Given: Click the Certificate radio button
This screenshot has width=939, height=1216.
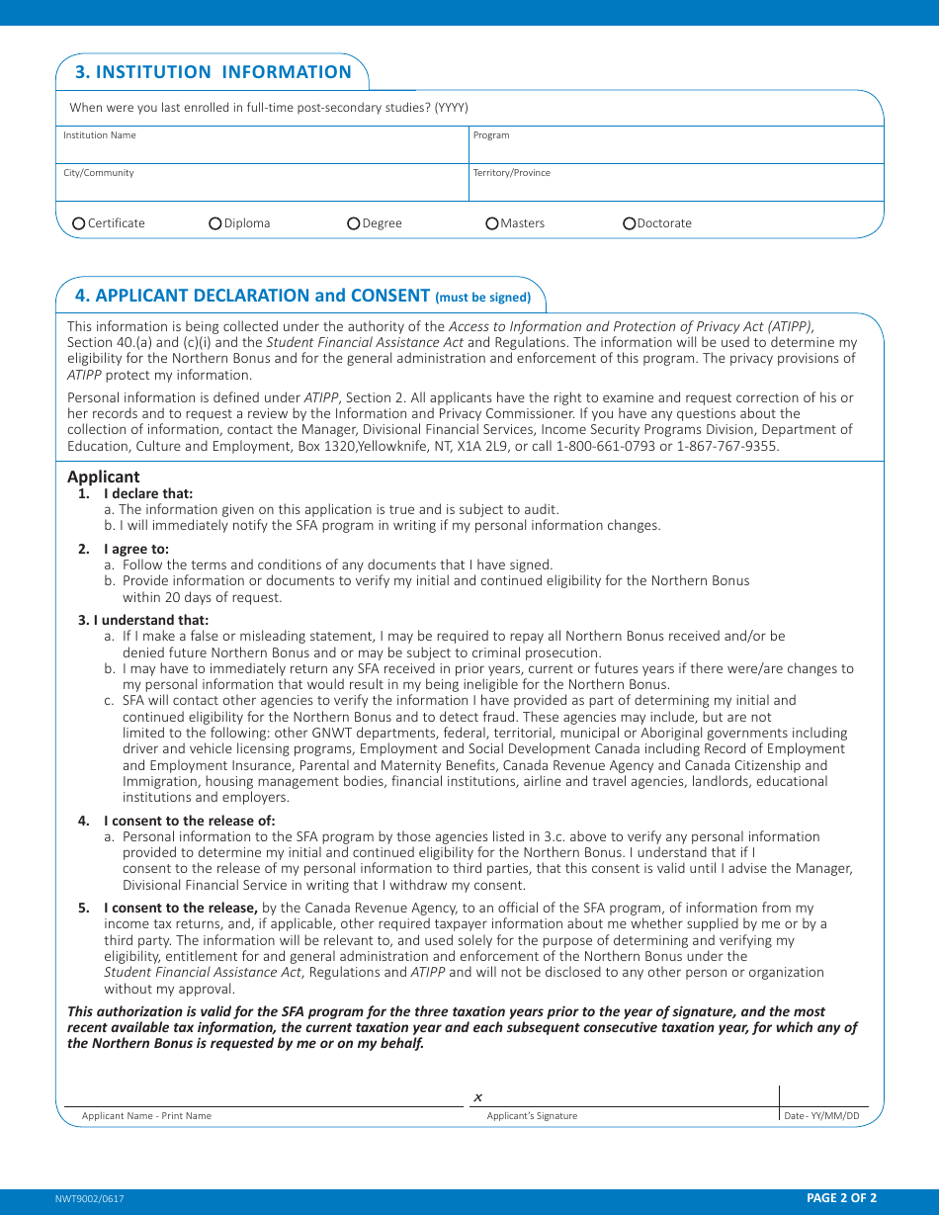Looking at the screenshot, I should click(79, 223).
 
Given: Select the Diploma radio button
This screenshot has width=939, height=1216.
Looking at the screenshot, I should click(215, 223).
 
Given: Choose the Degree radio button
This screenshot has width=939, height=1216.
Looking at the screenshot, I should click(354, 223).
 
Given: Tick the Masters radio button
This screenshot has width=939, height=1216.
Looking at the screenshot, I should click(492, 223).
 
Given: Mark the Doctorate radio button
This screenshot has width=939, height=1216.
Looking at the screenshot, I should click(630, 223).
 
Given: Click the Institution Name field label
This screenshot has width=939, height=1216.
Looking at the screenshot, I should click(100, 135).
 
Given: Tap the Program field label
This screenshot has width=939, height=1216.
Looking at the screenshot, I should click(491, 135).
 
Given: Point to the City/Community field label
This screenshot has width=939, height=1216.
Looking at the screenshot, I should click(99, 173).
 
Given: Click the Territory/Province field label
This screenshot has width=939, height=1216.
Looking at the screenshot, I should click(512, 173).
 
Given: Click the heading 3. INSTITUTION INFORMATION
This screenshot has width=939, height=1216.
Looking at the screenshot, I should click(213, 72).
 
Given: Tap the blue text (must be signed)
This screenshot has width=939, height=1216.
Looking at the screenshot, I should click(482, 297).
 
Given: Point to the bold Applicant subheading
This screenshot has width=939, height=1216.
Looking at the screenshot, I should click(104, 477).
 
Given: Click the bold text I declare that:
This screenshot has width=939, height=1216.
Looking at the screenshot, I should click(148, 493).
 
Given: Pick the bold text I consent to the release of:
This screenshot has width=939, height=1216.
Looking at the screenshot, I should click(189, 821).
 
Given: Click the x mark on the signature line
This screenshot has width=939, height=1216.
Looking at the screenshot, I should click(477, 1097).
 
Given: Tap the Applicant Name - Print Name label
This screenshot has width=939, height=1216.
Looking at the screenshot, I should click(146, 1116).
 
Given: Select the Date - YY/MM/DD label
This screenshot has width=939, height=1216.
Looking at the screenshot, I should click(822, 1116).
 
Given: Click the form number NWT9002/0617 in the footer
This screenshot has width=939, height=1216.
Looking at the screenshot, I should click(90, 1198).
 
